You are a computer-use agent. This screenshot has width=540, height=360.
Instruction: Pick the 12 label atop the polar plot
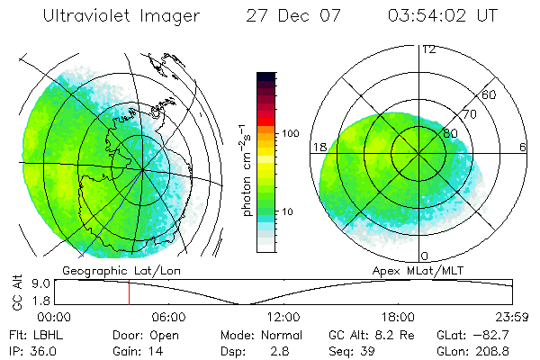428,49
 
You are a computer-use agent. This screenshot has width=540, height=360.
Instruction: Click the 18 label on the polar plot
319,147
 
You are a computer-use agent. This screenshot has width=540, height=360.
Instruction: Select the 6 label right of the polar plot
522,147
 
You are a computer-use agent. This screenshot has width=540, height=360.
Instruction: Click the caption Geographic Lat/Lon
104,271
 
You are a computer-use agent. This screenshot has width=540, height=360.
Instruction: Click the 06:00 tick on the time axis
168,317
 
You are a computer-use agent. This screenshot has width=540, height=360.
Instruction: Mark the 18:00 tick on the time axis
397,317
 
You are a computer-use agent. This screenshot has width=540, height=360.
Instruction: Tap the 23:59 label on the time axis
509,317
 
